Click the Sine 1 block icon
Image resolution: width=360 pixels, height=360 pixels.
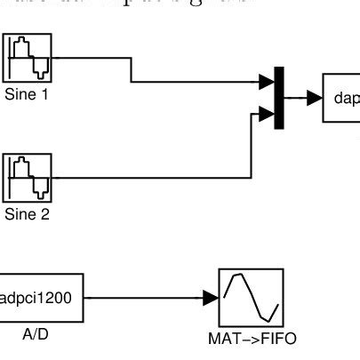27,59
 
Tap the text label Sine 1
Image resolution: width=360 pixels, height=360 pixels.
27,92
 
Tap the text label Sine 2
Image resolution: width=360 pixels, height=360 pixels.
27,213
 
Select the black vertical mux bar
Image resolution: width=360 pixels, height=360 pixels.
280,98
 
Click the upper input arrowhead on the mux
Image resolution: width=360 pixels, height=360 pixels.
267,83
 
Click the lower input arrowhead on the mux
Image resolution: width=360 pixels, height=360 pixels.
267,113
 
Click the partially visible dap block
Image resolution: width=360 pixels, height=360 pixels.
341,99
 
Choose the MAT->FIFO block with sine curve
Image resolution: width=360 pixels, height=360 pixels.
252,298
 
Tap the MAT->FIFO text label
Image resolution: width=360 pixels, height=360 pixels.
252,339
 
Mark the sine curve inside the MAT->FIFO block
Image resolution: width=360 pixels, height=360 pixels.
252,296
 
